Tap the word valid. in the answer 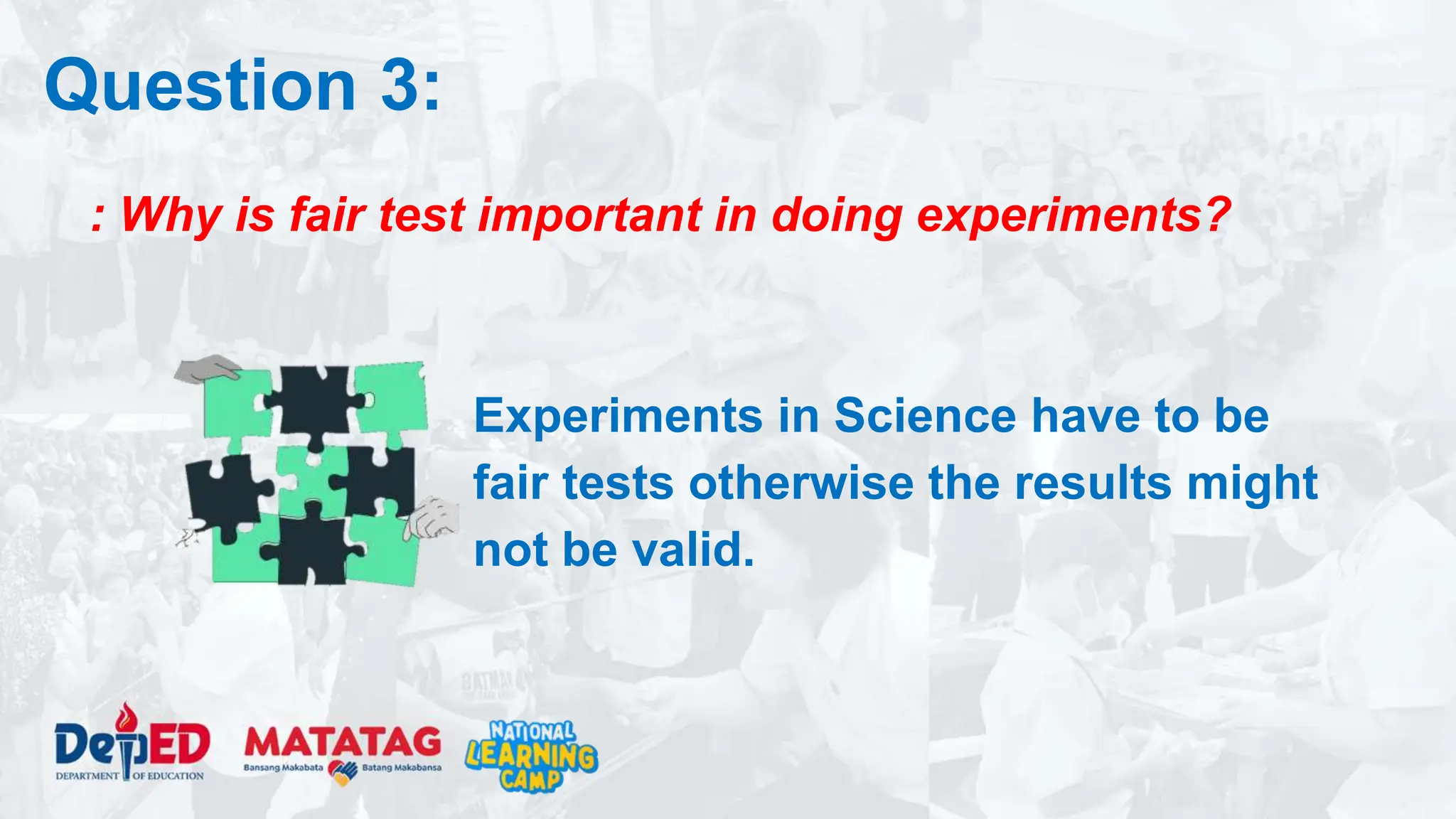694,550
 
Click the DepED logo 132,744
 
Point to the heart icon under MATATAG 345,772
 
